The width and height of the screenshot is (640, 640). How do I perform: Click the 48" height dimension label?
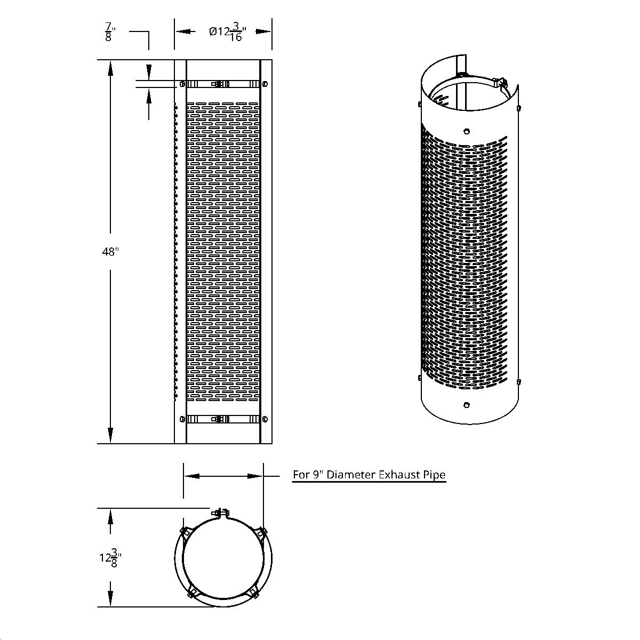click(110, 252)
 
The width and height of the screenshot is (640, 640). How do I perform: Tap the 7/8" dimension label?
click(108, 33)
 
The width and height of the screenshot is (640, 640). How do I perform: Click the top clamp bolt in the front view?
click(218, 84)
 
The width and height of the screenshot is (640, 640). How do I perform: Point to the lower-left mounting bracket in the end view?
click(193, 592)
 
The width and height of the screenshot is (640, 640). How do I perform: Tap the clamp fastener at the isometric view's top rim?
click(499, 82)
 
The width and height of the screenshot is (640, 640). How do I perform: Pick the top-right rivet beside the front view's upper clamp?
click(265, 84)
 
